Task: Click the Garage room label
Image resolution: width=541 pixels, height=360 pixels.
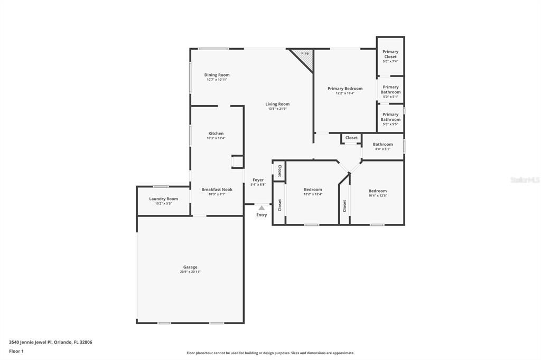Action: (x=190, y=267)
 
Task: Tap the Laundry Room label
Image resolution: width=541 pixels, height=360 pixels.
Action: (x=163, y=199)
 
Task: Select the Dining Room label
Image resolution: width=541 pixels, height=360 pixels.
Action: (x=217, y=75)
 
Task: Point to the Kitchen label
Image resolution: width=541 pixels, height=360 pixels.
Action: (x=216, y=134)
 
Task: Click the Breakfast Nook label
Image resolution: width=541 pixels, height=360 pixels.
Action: (x=217, y=190)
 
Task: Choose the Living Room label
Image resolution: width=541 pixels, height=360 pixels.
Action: (x=277, y=104)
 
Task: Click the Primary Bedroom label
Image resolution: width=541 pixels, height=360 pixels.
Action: (x=345, y=89)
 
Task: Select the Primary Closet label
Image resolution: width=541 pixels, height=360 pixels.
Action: (x=390, y=54)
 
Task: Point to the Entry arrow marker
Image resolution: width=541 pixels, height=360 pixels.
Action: (x=262, y=208)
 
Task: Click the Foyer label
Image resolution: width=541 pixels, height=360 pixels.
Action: (x=258, y=180)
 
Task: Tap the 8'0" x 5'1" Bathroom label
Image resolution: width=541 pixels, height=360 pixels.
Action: (x=383, y=144)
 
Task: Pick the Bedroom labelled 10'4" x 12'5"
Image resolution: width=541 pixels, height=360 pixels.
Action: (x=377, y=191)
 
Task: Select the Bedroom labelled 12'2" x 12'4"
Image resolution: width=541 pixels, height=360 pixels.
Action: (x=313, y=190)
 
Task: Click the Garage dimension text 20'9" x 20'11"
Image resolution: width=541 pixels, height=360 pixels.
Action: (x=190, y=272)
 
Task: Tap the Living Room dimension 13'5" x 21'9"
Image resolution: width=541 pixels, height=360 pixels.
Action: (x=277, y=109)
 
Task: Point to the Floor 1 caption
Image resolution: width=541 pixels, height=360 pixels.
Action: (x=16, y=351)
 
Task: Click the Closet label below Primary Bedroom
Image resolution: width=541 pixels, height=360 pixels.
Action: (x=351, y=138)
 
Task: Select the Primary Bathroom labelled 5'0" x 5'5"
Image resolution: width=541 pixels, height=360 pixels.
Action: (x=390, y=117)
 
